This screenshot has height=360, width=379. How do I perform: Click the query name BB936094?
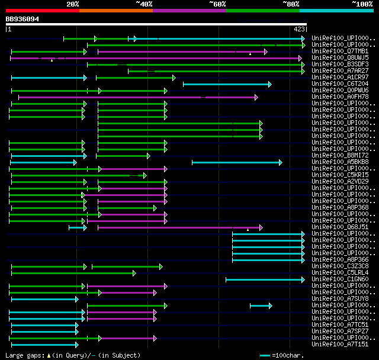click(x=23, y=19)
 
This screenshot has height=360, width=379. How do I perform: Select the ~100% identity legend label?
click(x=361, y=4)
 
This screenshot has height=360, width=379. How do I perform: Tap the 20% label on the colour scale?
click(x=73, y=4)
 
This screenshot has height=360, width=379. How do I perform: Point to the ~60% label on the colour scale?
click(x=217, y=4)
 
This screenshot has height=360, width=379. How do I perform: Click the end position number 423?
click(x=299, y=28)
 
